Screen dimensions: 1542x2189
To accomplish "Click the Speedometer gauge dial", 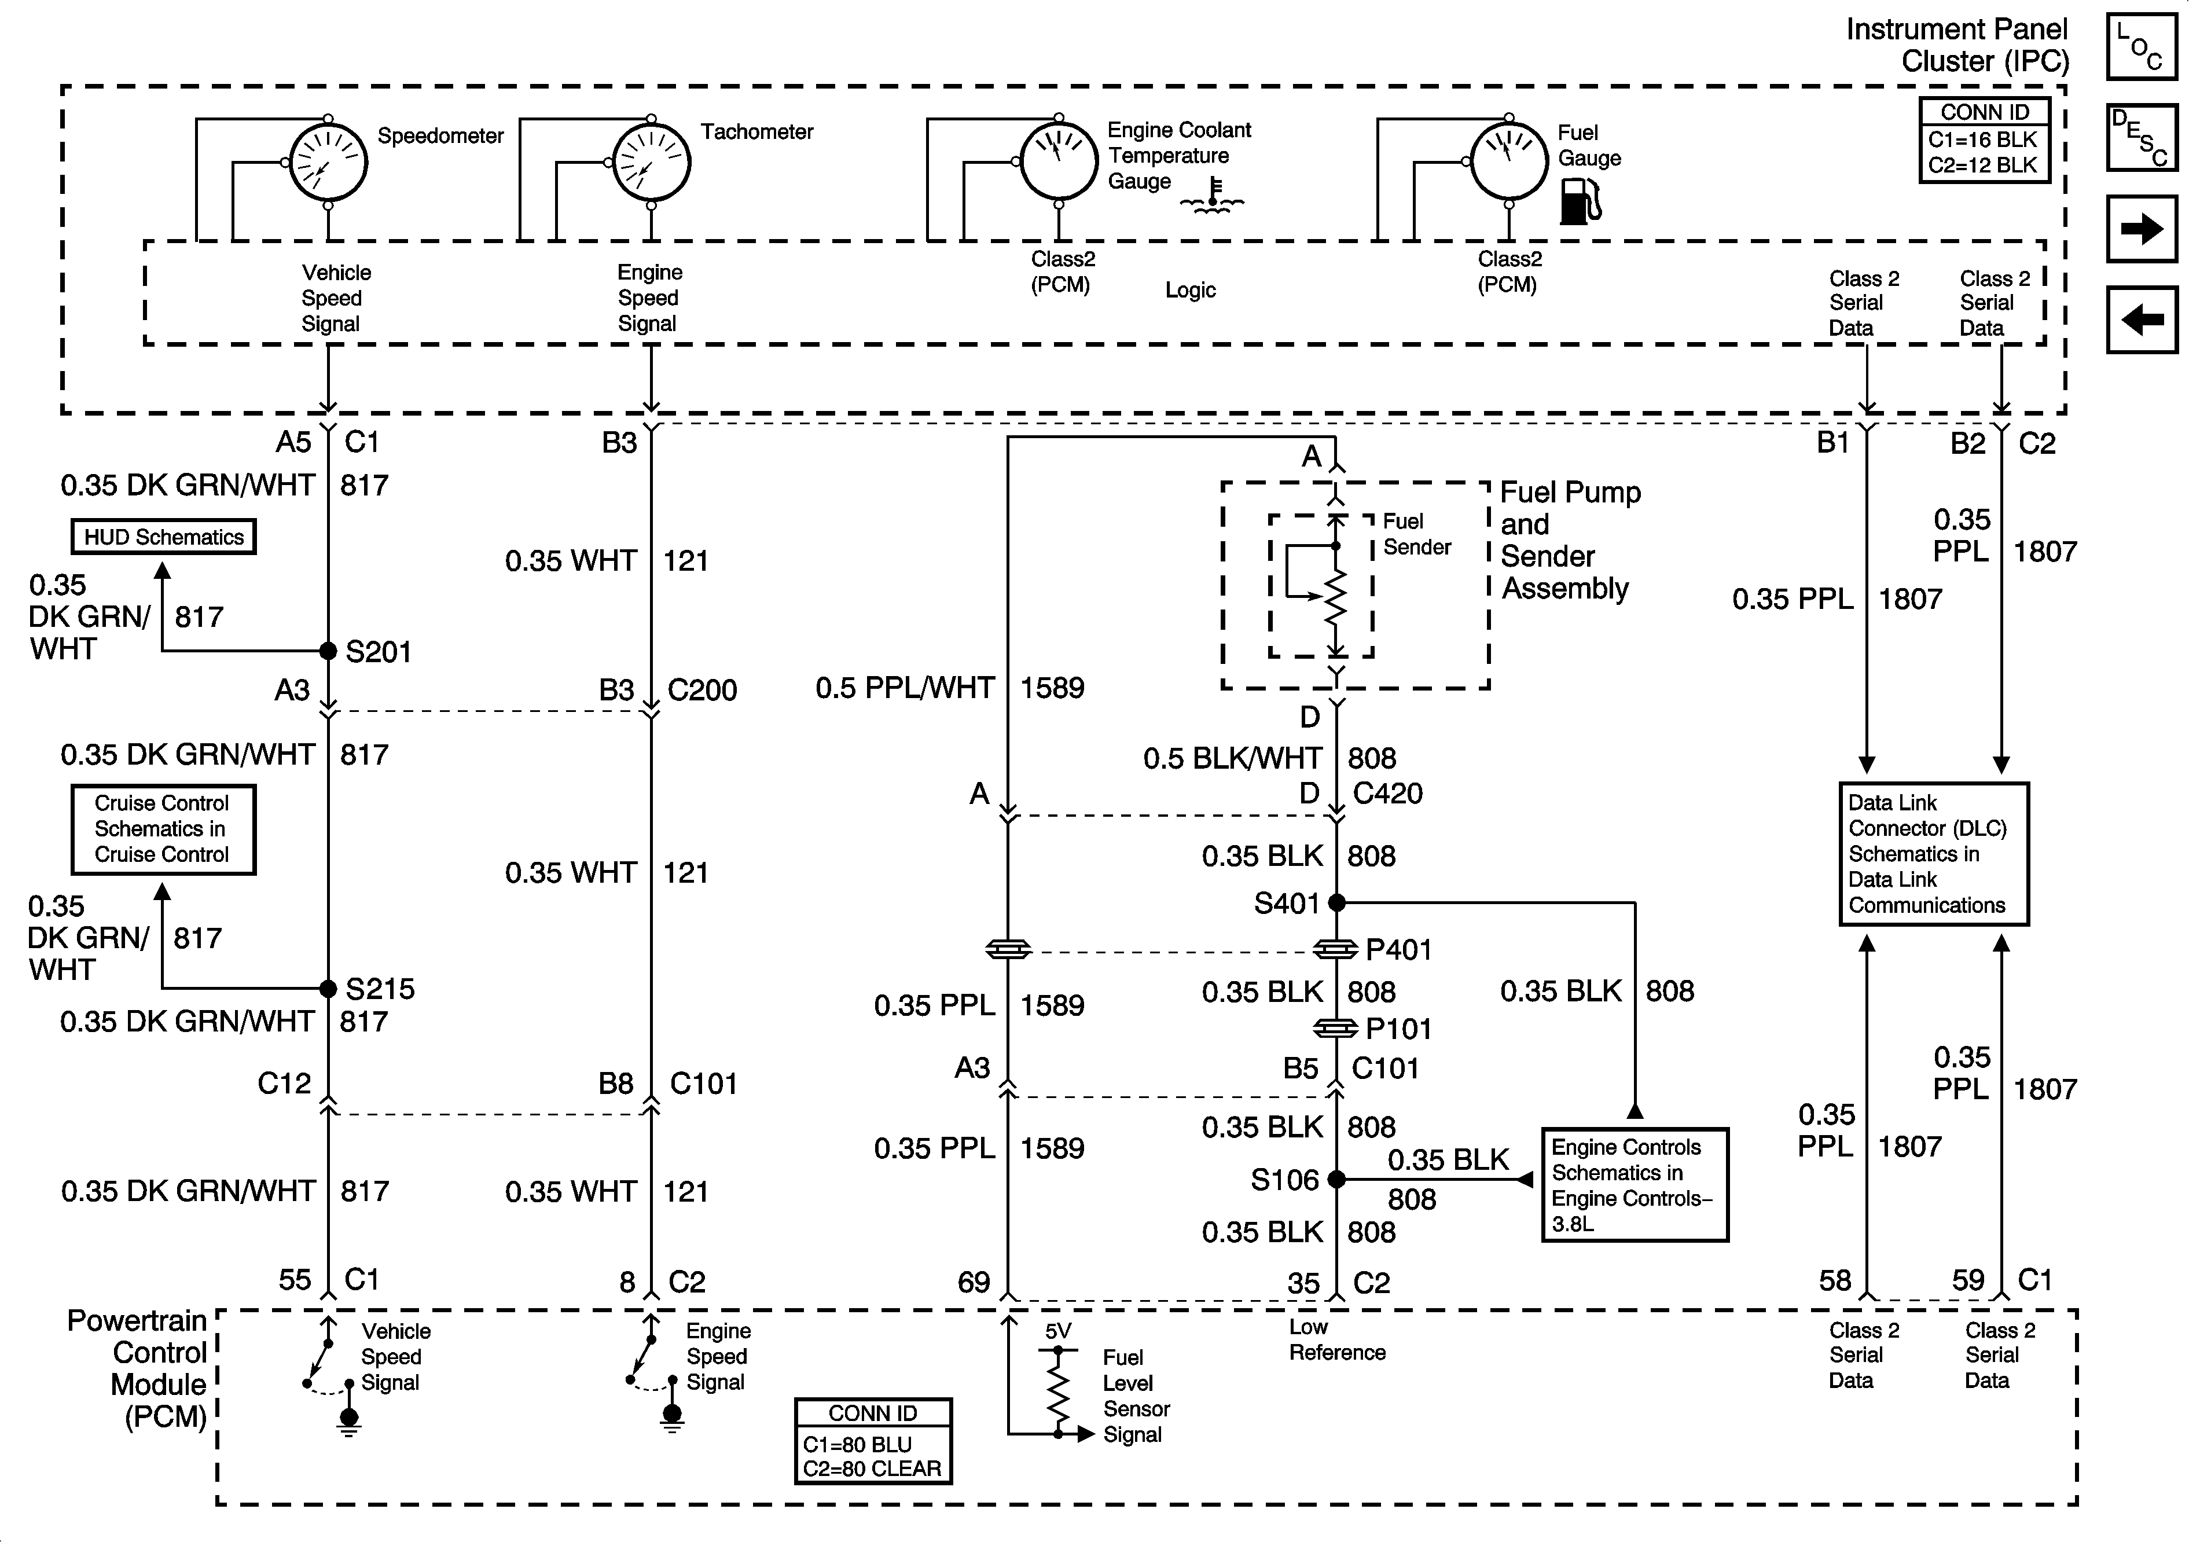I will pos(328,162).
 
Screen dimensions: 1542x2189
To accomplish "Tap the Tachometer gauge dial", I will pos(651,162).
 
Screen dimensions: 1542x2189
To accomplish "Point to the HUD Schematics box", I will pos(164,537).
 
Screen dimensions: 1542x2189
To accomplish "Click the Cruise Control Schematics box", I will pos(163,829).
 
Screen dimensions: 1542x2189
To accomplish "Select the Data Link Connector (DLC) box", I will pos(1934,854).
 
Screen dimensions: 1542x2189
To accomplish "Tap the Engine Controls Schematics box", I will pos(1634,1184).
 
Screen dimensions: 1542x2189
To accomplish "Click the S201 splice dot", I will pos(328,651).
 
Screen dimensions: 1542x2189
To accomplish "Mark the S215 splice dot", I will pos(328,988).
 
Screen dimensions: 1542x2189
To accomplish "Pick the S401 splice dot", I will pos(1336,902).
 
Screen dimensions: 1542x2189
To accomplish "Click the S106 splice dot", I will pos(1336,1180).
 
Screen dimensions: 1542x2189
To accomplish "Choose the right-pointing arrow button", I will pos(2142,229).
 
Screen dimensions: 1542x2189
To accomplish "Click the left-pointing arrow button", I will pos(2142,320).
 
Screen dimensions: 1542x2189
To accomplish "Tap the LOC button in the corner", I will pos(2142,46).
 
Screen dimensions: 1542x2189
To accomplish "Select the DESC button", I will pos(2142,137).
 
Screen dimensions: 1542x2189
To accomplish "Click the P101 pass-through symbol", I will pos(1336,1029).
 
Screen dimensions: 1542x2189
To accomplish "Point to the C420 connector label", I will pos(1387,794).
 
